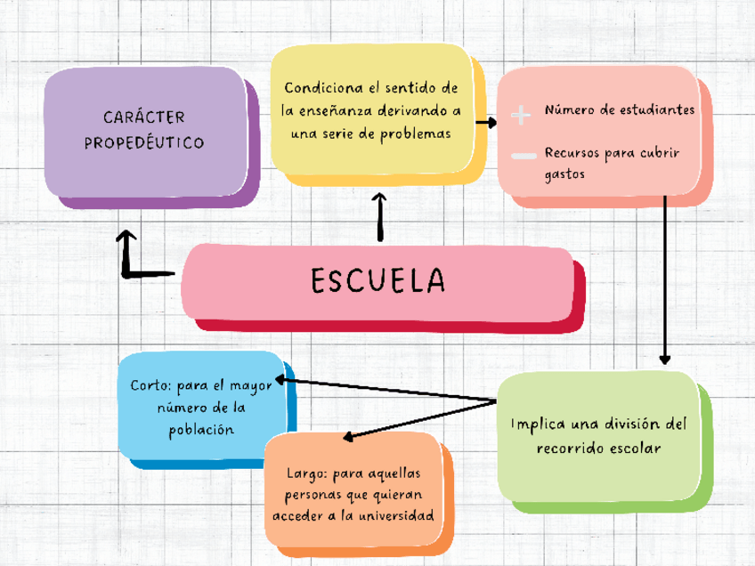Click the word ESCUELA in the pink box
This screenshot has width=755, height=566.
pos(377,280)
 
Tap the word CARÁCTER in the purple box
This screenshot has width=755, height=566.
pos(144,117)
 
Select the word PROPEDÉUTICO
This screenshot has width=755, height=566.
pos(144,142)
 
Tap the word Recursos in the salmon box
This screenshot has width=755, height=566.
pos(572,153)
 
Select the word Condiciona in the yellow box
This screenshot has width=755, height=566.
pos(322,88)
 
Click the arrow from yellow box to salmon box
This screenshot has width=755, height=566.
pos(485,123)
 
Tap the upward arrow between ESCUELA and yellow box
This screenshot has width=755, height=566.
pos(380,217)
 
